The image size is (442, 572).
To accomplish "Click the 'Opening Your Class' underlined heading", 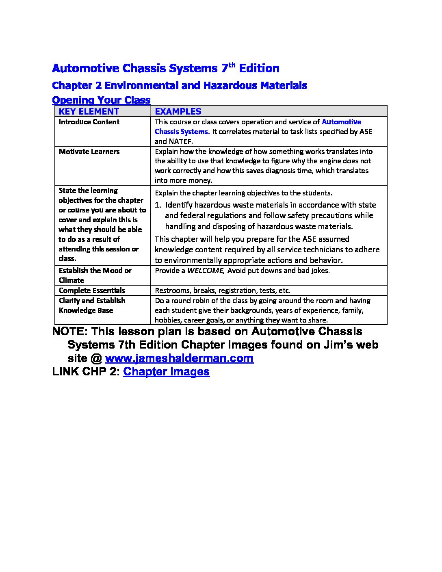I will click(x=101, y=100).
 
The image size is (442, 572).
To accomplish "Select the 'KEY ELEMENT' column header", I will click(x=89, y=111).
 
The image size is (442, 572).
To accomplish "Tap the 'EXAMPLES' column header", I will click(x=178, y=111).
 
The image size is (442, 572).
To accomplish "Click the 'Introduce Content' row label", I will click(x=89, y=122).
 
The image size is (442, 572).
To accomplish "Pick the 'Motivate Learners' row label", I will click(x=89, y=152).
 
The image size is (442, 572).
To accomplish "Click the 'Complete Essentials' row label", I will click(x=92, y=290).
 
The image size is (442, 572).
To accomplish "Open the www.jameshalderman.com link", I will click(x=179, y=358).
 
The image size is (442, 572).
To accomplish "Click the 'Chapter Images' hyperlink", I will click(x=166, y=372).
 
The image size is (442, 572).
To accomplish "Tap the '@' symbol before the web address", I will click(x=96, y=358).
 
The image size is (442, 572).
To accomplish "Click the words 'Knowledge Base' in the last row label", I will click(x=86, y=310).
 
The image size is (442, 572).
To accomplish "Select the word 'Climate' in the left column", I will click(x=71, y=280).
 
